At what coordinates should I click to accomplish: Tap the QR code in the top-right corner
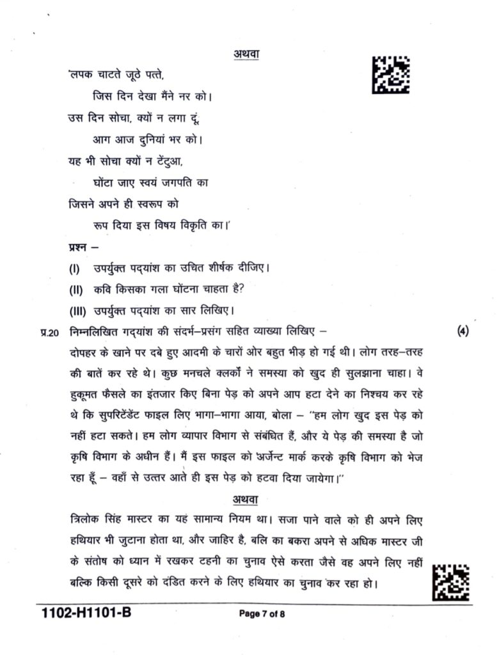(x=391, y=75)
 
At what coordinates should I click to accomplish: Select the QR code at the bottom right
(x=450, y=583)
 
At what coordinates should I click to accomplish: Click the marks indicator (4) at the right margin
(x=464, y=331)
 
